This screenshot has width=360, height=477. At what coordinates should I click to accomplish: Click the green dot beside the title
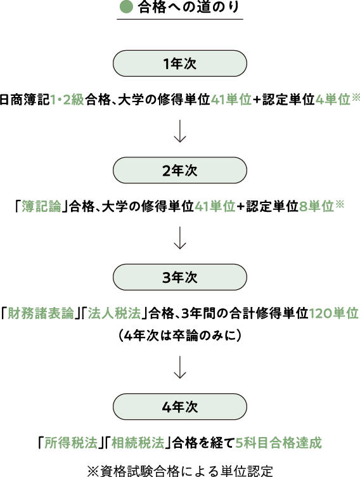point(126,7)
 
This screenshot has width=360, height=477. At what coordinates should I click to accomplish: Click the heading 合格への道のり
point(188,7)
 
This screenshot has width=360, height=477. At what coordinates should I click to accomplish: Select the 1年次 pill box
point(180,63)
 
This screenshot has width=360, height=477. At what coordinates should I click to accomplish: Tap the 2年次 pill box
point(180,170)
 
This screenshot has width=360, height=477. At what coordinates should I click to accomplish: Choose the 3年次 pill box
point(180,277)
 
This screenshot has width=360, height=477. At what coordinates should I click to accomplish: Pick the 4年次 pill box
point(180,407)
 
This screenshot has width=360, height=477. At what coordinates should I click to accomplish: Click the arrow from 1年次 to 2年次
point(180,131)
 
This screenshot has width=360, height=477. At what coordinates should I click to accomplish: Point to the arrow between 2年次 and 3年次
point(180,238)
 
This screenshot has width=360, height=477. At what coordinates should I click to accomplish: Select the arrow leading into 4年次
point(180,367)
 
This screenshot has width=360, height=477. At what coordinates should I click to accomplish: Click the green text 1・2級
point(67,100)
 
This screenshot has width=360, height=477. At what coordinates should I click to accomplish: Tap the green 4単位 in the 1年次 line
point(333,100)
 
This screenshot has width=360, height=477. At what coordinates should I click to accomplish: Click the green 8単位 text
point(317,207)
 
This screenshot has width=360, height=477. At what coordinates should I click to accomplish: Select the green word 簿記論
point(42,207)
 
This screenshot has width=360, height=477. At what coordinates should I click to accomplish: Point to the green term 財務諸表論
point(41,313)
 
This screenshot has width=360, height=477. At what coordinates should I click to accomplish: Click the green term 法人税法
point(115,313)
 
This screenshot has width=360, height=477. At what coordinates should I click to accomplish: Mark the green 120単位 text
point(334,313)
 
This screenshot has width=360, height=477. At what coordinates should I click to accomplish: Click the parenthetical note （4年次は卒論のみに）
point(180,336)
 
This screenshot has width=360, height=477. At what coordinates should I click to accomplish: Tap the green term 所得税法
point(71,443)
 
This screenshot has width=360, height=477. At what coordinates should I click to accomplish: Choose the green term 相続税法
point(138,443)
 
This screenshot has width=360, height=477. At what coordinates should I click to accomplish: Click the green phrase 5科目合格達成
point(279,443)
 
